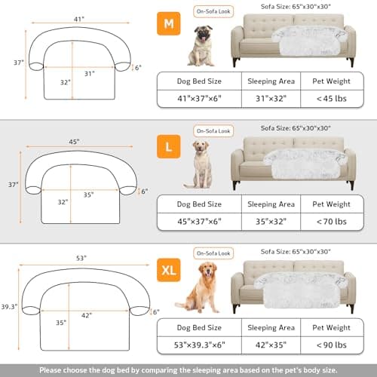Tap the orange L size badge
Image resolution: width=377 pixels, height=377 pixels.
click(168, 143)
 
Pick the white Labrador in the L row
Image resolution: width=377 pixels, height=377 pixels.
click(201, 164)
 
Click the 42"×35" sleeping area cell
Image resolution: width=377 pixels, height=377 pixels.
click(271, 345)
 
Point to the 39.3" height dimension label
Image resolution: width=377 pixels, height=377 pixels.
click(10, 307)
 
